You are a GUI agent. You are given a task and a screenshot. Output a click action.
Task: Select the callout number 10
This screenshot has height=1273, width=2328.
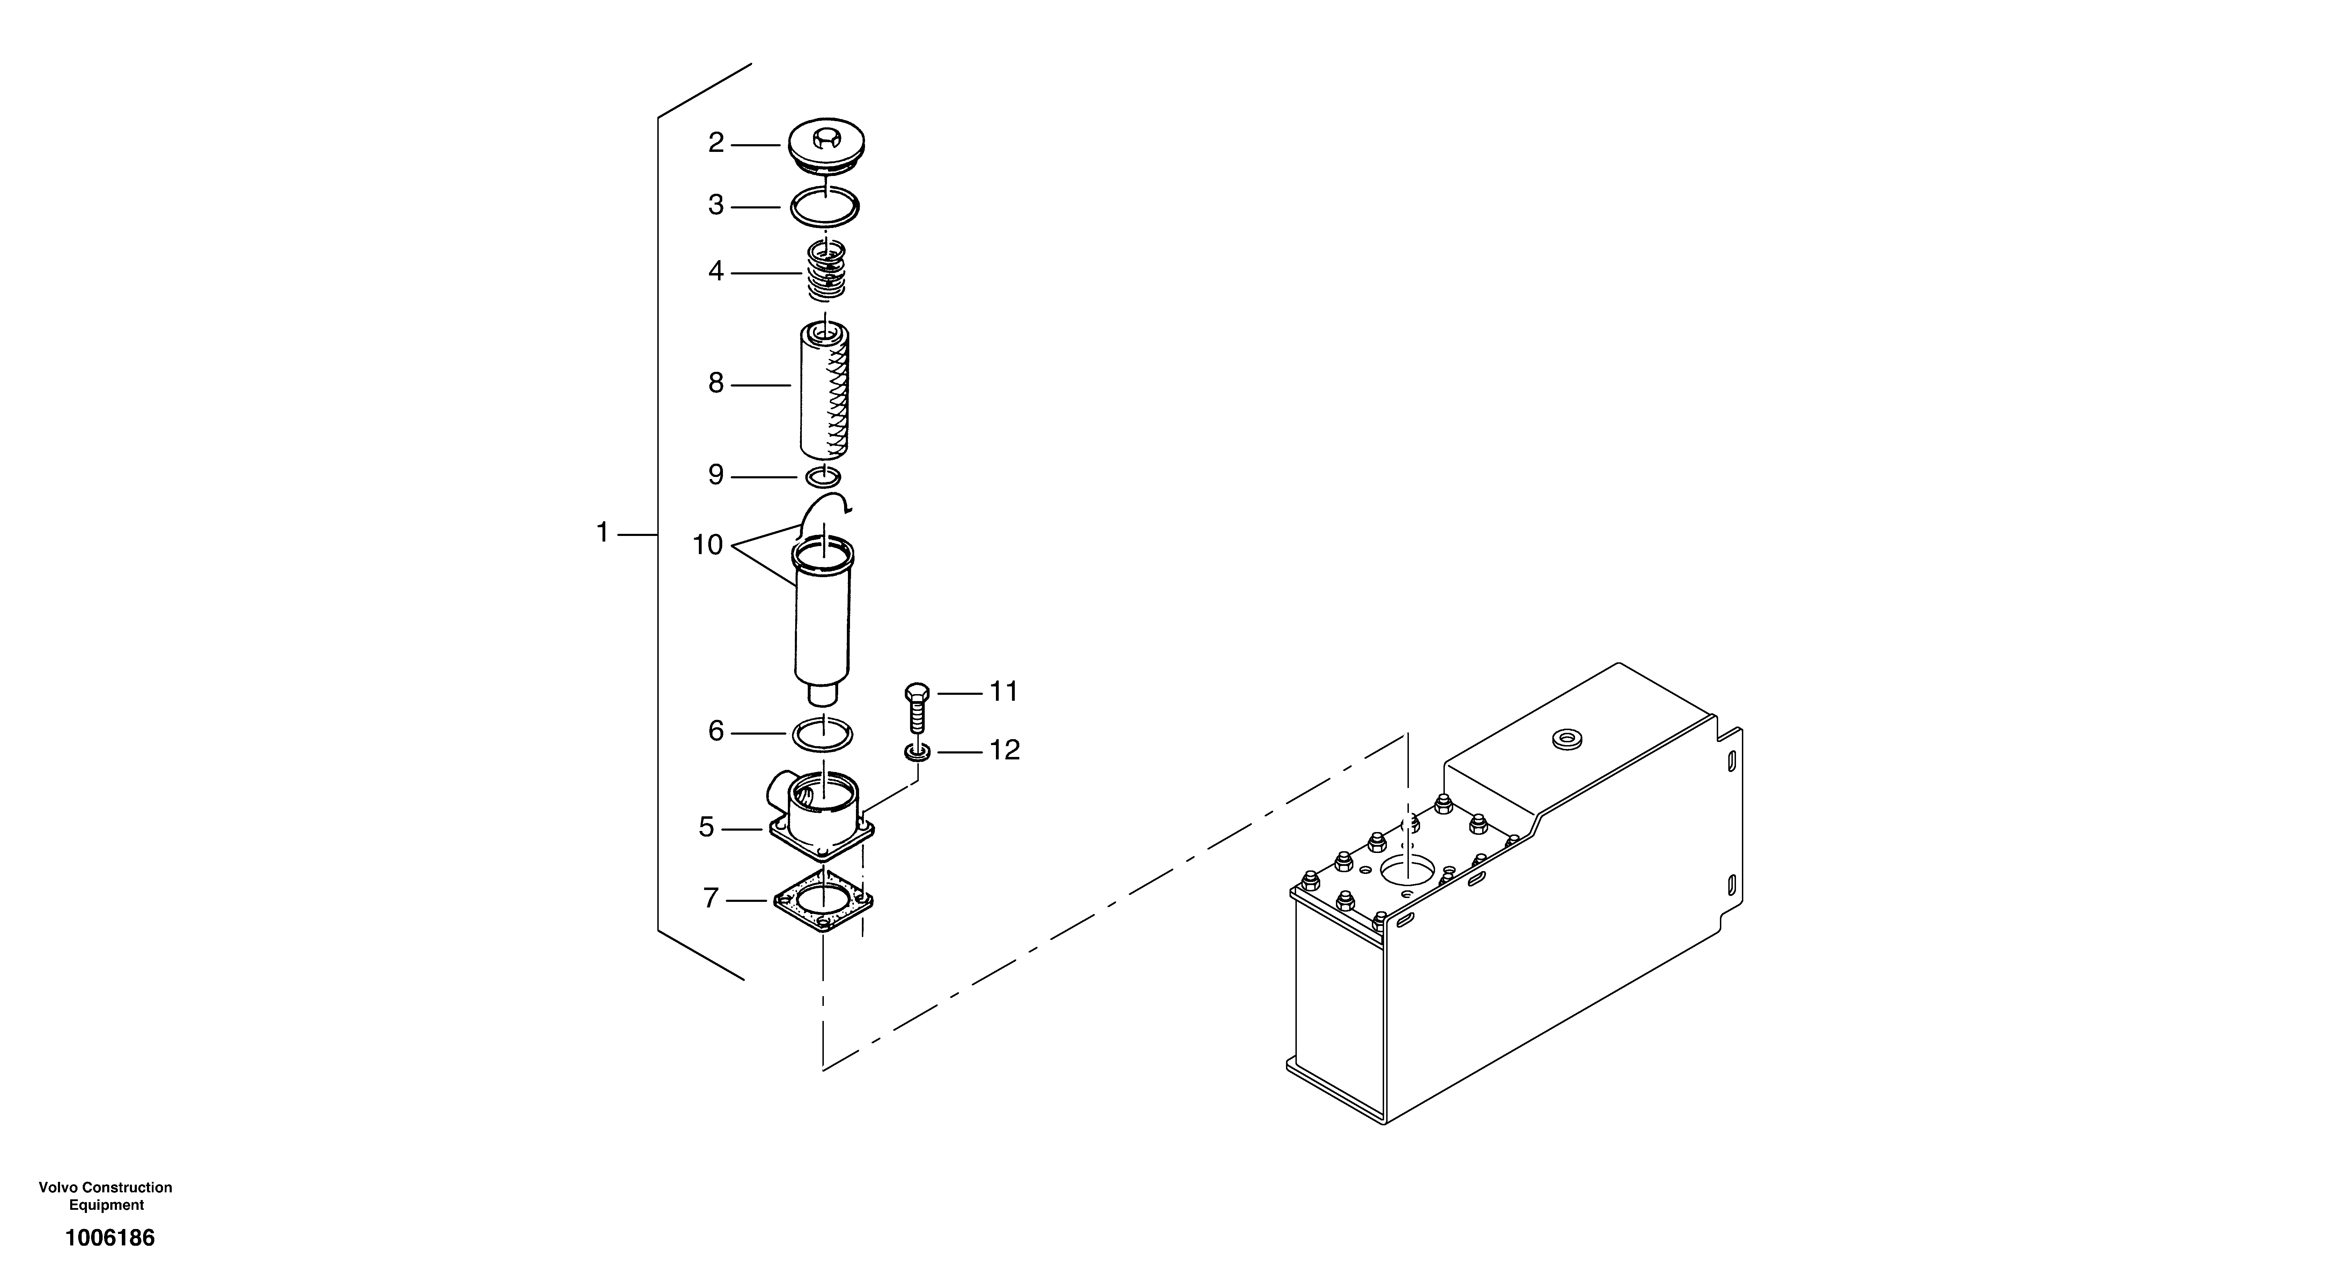pyautogui.click(x=708, y=545)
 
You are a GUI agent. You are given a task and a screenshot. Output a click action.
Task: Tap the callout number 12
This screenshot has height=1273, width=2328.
pyautogui.click(x=1004, y=750)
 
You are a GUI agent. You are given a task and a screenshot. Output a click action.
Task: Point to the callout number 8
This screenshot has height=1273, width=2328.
pyautogui.click(x=716, y=384)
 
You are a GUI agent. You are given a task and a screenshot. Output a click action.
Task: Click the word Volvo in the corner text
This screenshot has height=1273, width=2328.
pyautogui.click(x=56, y=1187)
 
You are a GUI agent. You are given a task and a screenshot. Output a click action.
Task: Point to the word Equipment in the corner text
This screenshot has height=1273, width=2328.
pyautogui.click(x=106, y=1205)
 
